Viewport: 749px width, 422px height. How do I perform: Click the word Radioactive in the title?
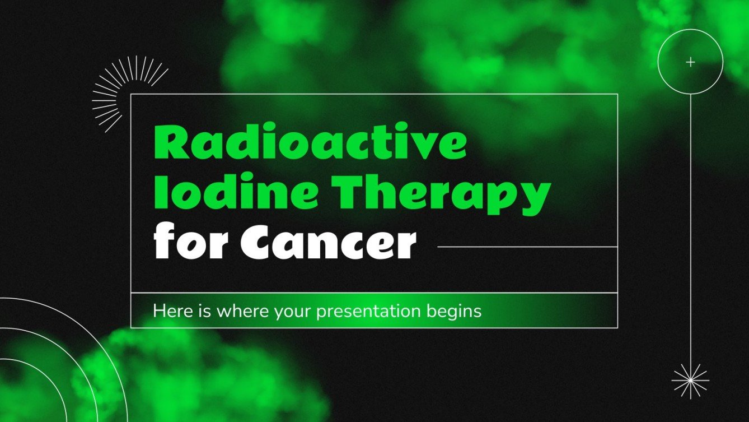tap(310, 145)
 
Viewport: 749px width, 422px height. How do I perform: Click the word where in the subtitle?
tap(244, 310)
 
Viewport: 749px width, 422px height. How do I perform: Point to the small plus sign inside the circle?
tap(690, 62)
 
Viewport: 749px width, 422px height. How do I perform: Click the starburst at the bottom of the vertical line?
tap(690, 381)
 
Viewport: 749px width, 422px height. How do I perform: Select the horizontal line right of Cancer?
tap(526, 247)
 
